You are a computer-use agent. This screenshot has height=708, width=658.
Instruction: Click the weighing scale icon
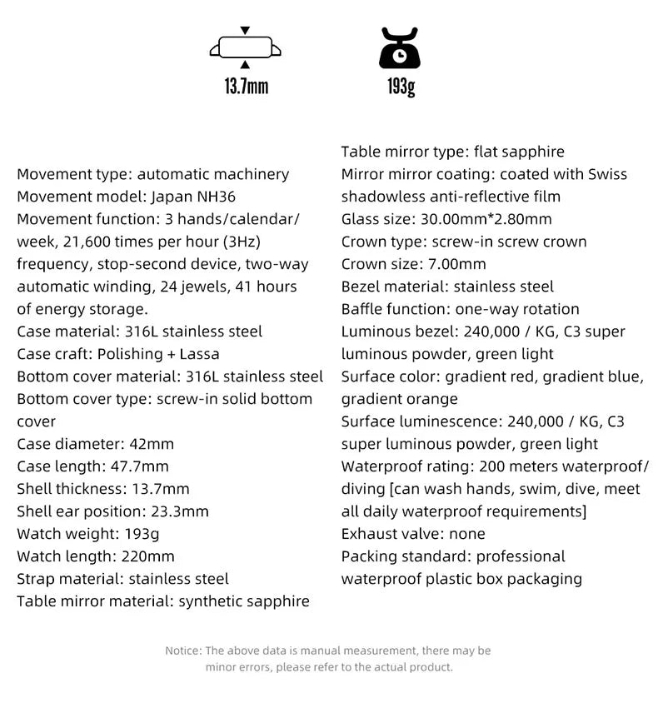401,48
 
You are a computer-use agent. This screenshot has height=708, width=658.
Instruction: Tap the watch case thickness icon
245,47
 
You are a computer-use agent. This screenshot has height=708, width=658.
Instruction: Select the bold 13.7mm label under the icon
246,86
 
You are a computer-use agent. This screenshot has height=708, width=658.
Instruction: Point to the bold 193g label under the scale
401,86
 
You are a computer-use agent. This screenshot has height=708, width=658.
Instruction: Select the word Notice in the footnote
182,651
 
